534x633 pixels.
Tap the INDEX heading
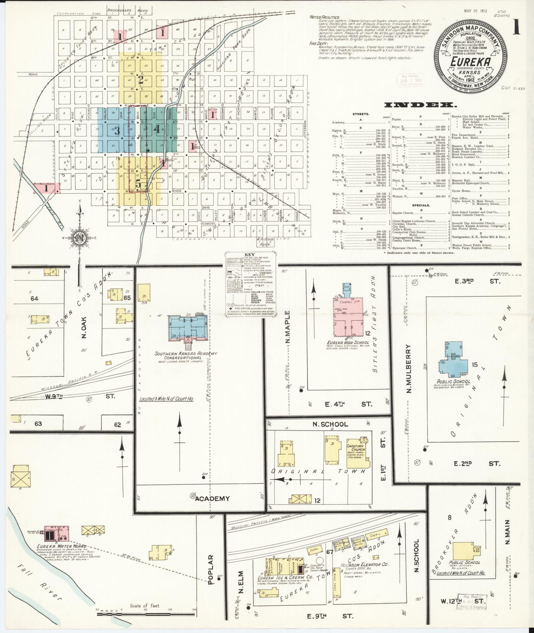click(419, 105)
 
